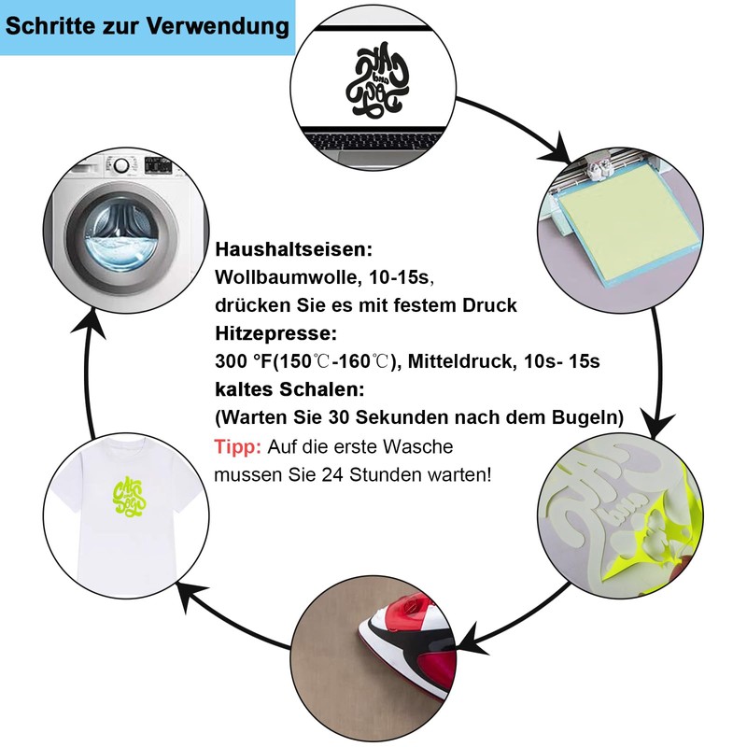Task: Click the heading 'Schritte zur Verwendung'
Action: coord(148,27)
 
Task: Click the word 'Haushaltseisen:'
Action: coord(293,250)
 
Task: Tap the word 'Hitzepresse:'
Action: coord(275,333)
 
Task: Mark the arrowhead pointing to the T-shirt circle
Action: coord(190,591)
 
